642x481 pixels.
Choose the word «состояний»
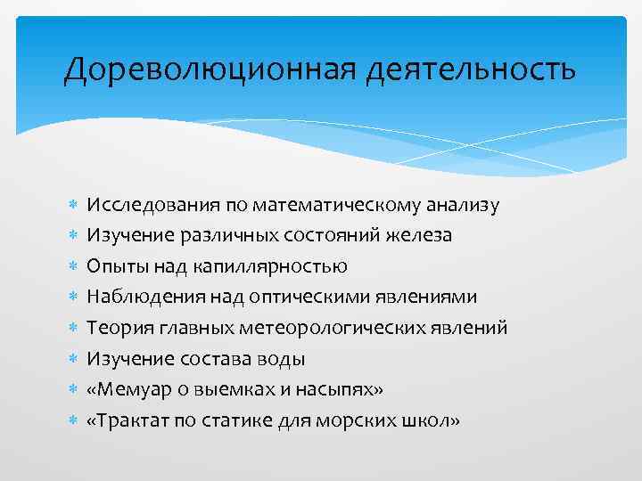click(x=338, y=236)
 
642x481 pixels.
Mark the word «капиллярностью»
click(x=282, y=266)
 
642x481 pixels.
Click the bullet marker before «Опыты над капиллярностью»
click(x=71, y=266)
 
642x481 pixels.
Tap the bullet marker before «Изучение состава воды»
click(x=71, y=358)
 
